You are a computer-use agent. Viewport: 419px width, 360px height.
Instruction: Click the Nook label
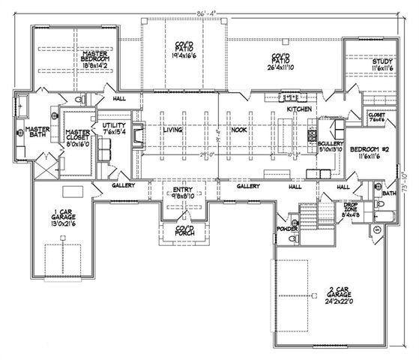point(239,130)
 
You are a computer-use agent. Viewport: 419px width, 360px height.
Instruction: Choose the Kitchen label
point(300,110)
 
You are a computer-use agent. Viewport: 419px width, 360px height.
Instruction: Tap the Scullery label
point(330,145)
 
